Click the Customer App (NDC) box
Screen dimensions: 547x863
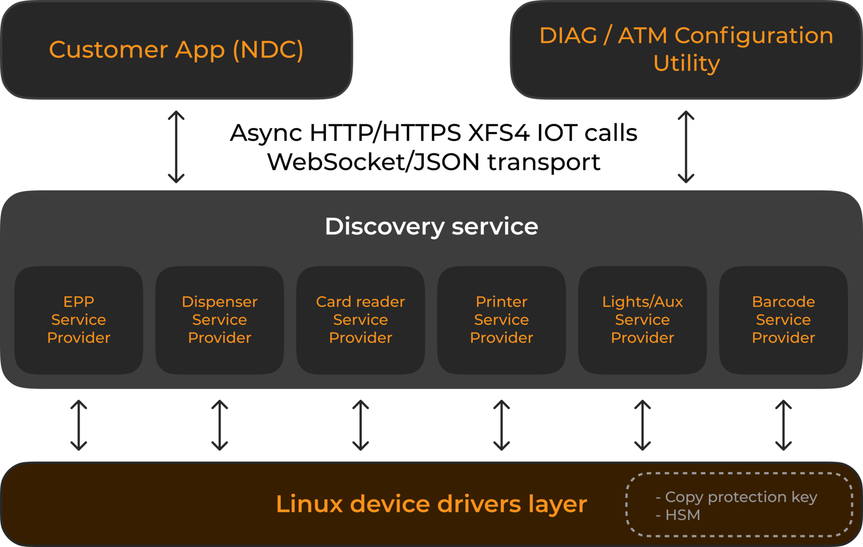tap(176, 50)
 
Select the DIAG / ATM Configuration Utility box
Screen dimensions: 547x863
tap(686, 50)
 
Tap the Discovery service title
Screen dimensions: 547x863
tap(431, 227)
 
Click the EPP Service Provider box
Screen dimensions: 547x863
tap(79, 319)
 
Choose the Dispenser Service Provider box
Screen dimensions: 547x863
tap(220, 319)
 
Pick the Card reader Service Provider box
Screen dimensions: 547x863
tap(361, 319)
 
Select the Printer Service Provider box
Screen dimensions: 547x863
tap(501, 319)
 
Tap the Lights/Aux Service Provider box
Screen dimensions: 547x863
tap(643, 319)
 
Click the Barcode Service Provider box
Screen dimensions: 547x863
tap(783, 319)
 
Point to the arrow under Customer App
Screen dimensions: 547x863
tap(176, 147)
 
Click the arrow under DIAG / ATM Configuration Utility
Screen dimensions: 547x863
tap(686, 147)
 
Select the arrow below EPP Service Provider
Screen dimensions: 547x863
tap(79, 425)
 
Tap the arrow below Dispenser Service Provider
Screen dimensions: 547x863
tap(220, 425)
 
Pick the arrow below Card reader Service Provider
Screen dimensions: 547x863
tap(361, 425)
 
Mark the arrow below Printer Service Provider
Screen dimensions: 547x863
tap(501, 425)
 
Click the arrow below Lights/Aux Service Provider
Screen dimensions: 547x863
tap(643, 425)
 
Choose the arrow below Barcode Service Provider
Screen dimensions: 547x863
tap(783, 425)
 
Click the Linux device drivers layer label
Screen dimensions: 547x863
tap(431, 504)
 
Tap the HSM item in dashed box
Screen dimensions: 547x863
tap(682, 515)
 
